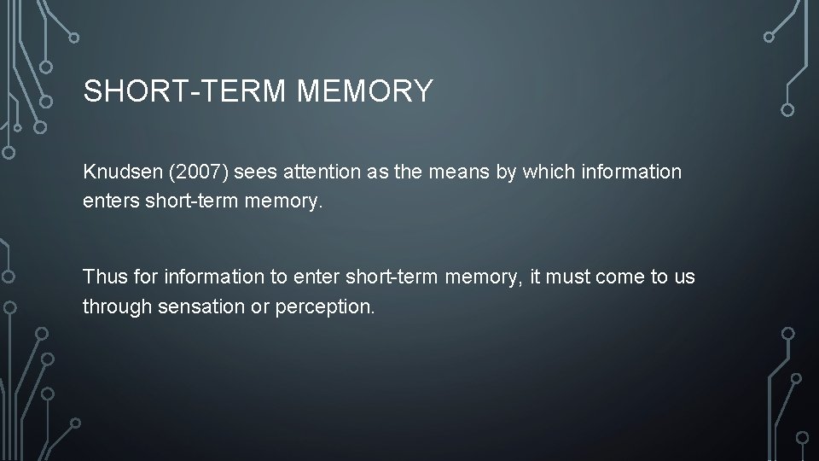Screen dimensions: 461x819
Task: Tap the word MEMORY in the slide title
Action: pyautogui.click(x=365, y=91)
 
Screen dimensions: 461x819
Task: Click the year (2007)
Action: pyautogui.click(x=199, y=172)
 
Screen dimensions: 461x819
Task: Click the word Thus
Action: pyautogui.click(x=103, y=277)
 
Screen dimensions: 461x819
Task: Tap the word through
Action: pyautogui.click(x=117, y=306)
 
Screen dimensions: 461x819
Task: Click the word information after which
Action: pyautogui.click(x=630, y=172)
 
